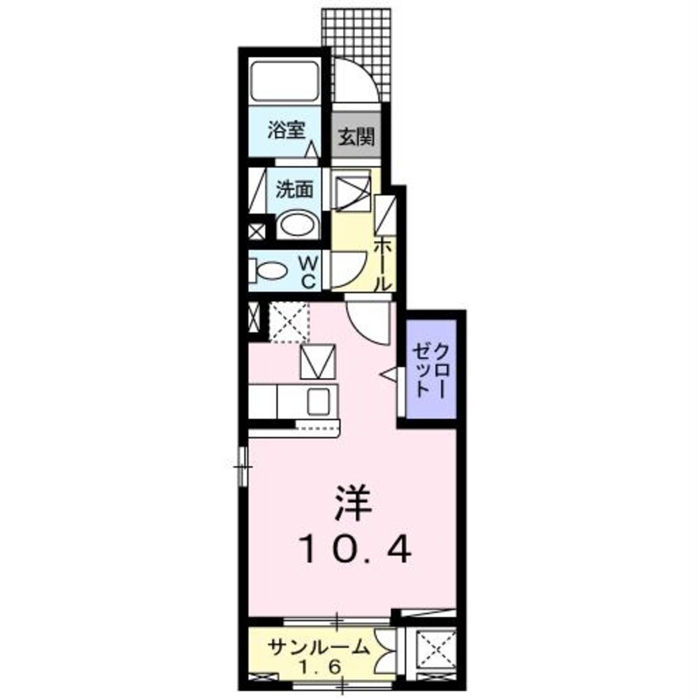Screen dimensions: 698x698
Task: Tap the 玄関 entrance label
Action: (x=356, y=134)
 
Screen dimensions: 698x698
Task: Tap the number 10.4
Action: (x=354, y=548)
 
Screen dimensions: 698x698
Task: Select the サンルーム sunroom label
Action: (x=317, y=647)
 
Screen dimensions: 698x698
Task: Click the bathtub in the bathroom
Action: (x=285, y=82)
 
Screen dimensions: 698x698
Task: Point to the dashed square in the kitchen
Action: (x=290, y=322)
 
